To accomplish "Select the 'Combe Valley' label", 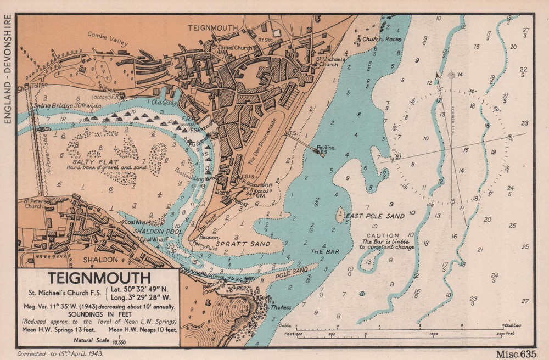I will pos(108,39).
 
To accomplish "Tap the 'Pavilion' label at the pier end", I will pos(327,148).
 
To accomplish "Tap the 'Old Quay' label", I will pos(163,102).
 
